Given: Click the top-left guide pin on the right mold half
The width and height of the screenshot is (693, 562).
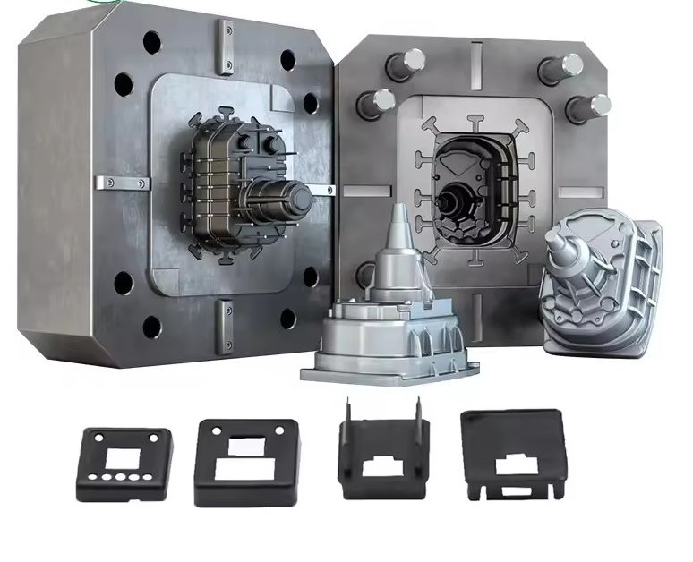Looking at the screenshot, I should coord(406,64).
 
